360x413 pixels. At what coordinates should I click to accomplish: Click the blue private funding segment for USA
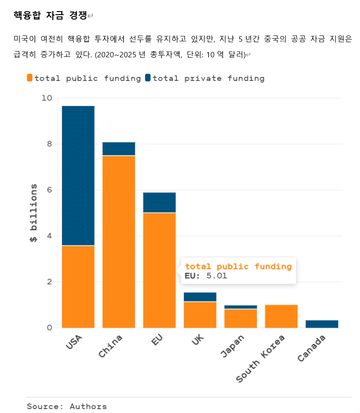[78, 175]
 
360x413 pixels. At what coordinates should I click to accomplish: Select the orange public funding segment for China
[119, 242]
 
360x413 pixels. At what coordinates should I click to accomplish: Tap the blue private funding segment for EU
[159, 203]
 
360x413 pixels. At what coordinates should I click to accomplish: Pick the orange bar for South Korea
[281, 316]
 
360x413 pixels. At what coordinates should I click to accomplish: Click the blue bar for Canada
[322, 324]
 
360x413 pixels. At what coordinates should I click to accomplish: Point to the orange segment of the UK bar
[200, 315]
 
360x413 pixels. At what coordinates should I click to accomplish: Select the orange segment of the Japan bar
[241, 318]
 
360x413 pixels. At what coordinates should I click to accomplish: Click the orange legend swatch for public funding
[30, 78]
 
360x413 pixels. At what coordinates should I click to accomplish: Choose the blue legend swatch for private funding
[148, 78]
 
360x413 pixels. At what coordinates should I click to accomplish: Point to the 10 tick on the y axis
[47, 98]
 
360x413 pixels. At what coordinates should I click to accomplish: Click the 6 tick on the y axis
[49, 190]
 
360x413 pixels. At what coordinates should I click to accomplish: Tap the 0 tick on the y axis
[49, 328]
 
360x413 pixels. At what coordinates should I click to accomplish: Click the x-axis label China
[111, 347]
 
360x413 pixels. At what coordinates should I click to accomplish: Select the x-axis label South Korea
[261, 359]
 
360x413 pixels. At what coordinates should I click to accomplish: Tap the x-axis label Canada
[311, 348]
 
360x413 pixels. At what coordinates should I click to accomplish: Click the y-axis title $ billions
[33, 213]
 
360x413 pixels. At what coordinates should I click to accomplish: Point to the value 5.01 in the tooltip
[216, 276]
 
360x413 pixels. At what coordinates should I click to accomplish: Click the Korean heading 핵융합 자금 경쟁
[50, 16]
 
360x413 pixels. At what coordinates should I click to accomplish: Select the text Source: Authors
[67, 406]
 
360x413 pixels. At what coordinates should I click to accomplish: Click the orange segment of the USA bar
[78, 286]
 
